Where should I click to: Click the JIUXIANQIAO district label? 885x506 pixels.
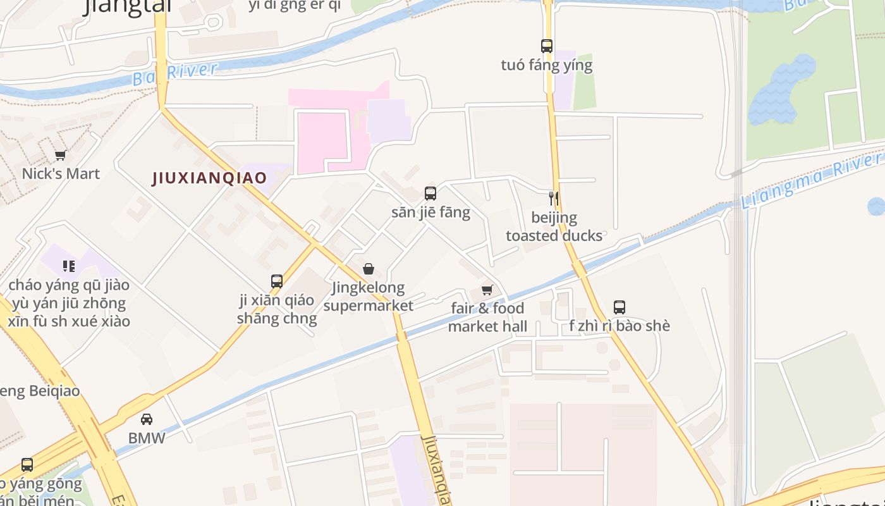pyautogui.click(x=210, y=178)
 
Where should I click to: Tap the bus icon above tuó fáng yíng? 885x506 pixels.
pyautogui.click(x=547, y=46)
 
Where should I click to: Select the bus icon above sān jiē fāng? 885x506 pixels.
pyautogui.click(x=430, y=194)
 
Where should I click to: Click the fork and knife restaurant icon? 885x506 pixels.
pyautogui.click(x=553, y=199)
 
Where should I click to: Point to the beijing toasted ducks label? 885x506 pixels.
pyautogui.click(x=554, y=226)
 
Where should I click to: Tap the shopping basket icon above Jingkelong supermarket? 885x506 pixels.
pyautogui.click(x=369, y=269)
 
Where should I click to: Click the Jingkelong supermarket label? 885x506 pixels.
pyautogui.click(x=369, y=297)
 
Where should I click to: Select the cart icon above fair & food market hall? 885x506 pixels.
pyautogui.click(x=487, y=290)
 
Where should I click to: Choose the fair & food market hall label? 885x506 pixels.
pyautogui.click(x=487, y=317)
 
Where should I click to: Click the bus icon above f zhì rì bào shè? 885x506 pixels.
pyautogui.click(x=619, y=307)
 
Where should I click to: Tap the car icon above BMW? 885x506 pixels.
pyautogui.click(x=147, y=419)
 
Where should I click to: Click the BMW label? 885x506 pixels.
pyautogui.click(x=147, y=438)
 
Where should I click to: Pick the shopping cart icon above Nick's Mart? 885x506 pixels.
pyautogui.click(x=61, y=155)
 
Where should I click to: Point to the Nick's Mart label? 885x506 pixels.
pyautogui.click(x=61, y=173)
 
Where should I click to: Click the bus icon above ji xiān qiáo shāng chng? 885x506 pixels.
pyautogui.click(x=277, y=281)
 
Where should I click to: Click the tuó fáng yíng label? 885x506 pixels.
pyautogui.click(x=547, y=65)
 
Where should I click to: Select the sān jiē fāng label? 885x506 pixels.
pyautogui.click(x=430, y=212)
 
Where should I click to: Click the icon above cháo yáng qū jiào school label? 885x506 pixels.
pyautogui.click(x=69, y=266)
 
